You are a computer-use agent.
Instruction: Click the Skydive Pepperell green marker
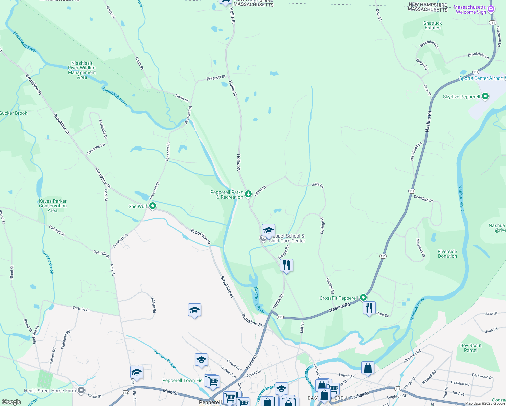485,96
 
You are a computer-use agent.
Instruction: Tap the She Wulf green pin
153,206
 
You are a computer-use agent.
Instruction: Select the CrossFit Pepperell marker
363,298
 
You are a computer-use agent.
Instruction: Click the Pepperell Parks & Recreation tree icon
248,194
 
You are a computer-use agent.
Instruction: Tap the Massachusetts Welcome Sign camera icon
491,9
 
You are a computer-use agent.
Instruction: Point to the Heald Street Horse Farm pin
81,390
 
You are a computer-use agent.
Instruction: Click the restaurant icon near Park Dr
369,308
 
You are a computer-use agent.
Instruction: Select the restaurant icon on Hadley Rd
286,265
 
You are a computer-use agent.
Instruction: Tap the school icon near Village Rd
194,310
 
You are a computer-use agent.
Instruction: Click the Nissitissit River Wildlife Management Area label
82,70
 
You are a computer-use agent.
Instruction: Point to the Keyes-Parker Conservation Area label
52,206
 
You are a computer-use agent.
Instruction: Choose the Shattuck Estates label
433,26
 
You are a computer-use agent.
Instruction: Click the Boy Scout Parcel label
470,348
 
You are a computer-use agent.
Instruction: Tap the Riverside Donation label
447,254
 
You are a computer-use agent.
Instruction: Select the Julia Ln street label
317,185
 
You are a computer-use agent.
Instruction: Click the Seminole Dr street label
103,129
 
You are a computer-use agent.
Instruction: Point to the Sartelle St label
81,309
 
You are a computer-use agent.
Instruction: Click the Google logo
11,402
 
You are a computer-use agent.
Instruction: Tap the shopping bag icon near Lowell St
368,368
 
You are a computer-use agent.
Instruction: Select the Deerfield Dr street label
423,198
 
